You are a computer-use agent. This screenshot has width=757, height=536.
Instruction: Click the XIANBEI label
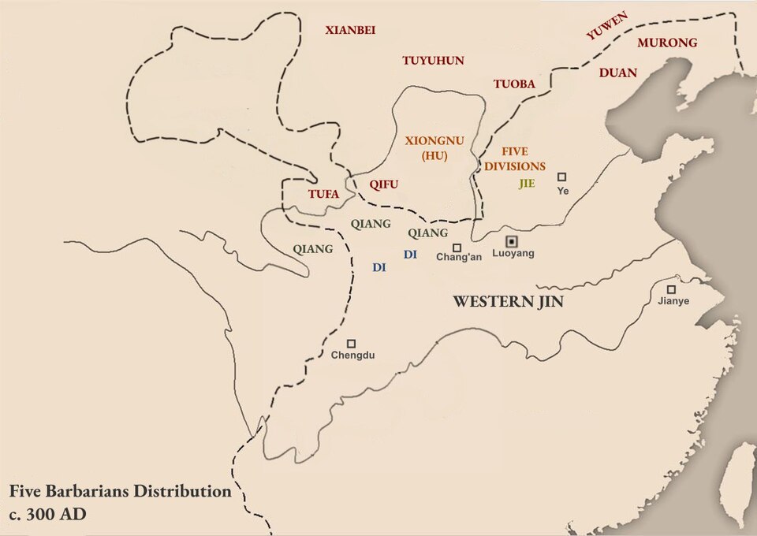click(350, 31)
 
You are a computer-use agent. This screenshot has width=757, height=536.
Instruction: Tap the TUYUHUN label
click(433, 61)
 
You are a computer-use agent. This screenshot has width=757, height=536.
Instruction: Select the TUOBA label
click(514, 84)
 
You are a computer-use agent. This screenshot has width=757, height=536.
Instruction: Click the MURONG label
click(667, 43)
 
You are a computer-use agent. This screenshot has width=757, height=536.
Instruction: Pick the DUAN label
click(618, 73)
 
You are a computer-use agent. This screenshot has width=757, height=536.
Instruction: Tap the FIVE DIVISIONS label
click(515, 158)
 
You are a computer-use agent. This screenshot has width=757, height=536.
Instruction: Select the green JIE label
click(527, 184)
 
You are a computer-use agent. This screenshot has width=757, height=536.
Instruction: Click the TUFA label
click(323, 193)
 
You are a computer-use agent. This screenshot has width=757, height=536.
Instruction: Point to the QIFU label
click(384, 184)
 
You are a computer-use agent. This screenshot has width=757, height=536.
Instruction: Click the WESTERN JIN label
click(508, 301)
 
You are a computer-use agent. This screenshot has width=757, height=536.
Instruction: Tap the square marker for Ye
click(561, 177)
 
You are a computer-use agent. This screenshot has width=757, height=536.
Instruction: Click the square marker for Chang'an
click(457, 248)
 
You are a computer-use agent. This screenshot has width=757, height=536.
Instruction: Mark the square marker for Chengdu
click(351, 344)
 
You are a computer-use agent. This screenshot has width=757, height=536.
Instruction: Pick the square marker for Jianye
click(671, 289)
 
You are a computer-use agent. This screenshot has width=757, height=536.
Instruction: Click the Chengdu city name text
click(352, 355)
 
